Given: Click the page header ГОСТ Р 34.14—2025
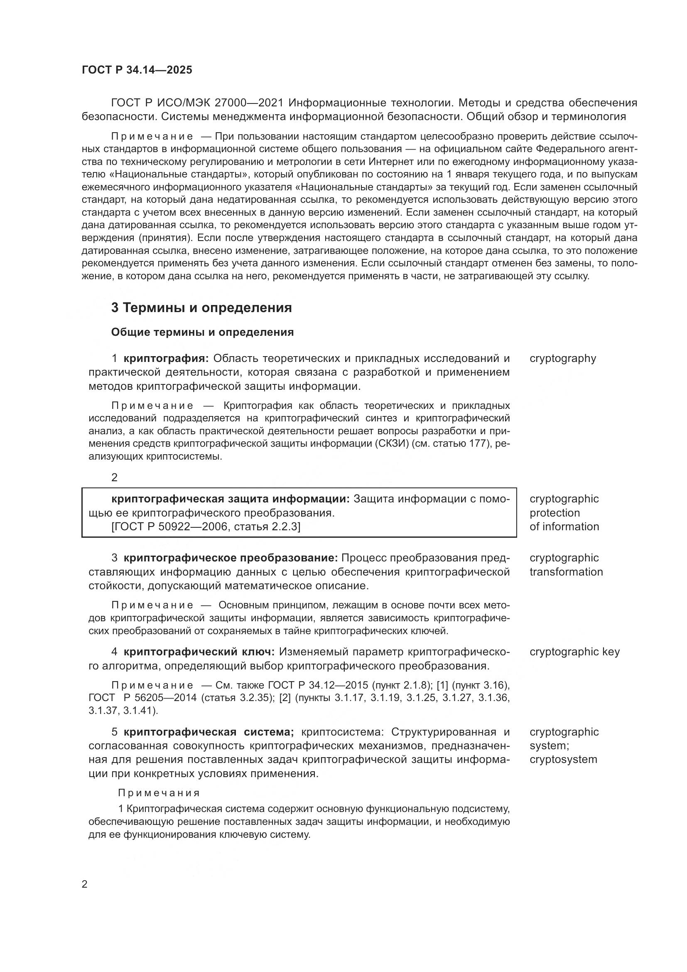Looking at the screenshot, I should click(x=137, y=70).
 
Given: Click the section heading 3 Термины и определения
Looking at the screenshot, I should click(x=201, y=308).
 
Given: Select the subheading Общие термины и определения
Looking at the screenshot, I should click(x=202, y=332).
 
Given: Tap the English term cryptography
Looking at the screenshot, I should click(x=563, y=359).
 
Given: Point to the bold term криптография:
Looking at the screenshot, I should click(x=166, y=359).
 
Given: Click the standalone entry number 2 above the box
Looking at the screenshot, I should click(x=114, y=477).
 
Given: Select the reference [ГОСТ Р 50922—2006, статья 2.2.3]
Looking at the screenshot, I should click(x=206, y=527).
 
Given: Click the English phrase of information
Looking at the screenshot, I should click(x=564, y=527).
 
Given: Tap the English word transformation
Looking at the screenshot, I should click(x=566, y=572).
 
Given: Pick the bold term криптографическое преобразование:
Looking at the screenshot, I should click(x=231, y=558).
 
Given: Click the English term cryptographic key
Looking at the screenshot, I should click(x=574, y=652).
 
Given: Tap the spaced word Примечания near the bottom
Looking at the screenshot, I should click(x=159, y=792).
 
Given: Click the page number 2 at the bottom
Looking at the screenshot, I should click(x=85, y=884).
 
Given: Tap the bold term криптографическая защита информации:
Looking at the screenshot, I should click(x=231, y=499).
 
